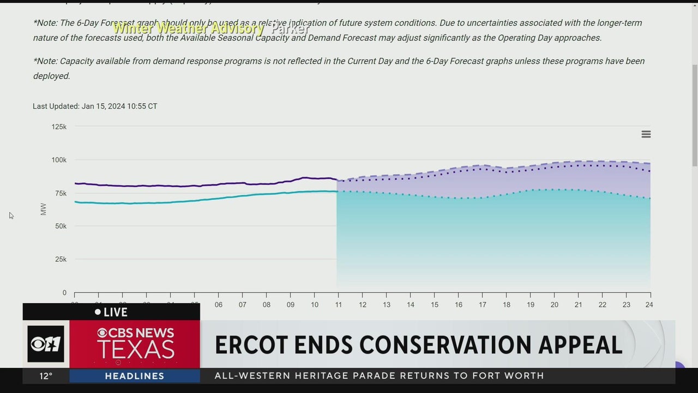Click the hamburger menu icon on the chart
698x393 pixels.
(646, 134)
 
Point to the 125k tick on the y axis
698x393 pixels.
(59, 127)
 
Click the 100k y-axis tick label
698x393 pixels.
(59, 160)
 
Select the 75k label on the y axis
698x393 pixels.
(61, 193)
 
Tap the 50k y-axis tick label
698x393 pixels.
(61, 226)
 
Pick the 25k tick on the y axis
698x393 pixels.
(61, 259)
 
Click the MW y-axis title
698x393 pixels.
(44, 209)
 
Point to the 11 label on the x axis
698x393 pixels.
(339, 305)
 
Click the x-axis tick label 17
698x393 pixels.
(483, 305)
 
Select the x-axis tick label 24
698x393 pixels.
(648, 305)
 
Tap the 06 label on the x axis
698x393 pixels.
(219, 305)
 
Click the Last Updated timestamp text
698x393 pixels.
(95, 106)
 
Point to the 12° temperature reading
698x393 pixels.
(46, 376)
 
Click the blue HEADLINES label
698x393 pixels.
(134, 376)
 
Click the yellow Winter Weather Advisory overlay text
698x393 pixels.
(189, 28)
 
